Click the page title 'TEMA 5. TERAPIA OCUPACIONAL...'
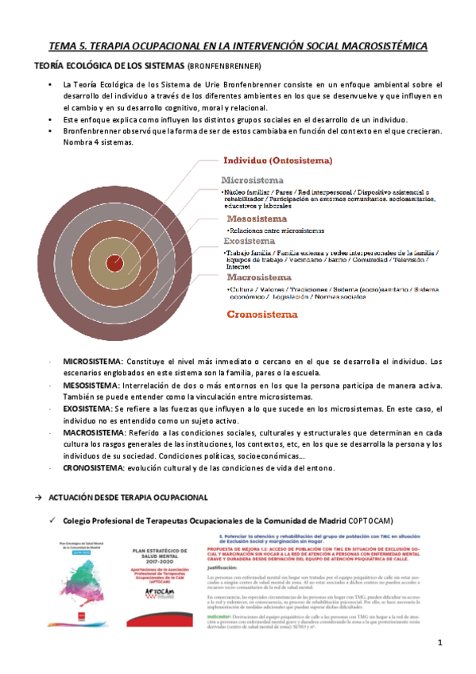click(238, 47)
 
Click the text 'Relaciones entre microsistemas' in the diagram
click(277, 230)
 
